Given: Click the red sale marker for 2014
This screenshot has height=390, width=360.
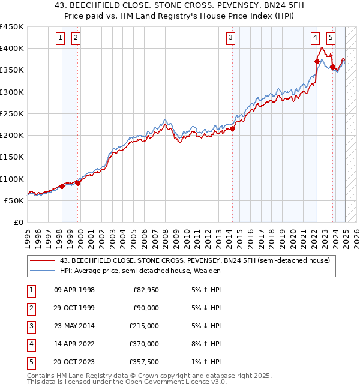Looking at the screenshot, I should tap(233, 128).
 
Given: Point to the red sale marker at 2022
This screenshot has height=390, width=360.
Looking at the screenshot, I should tap(317, 61).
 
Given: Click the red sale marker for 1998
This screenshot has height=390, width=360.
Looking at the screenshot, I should tap(62, 186).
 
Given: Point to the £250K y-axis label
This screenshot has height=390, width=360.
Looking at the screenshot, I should tap(11, 113).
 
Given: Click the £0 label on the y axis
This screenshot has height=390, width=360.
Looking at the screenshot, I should tap(18, 222).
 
